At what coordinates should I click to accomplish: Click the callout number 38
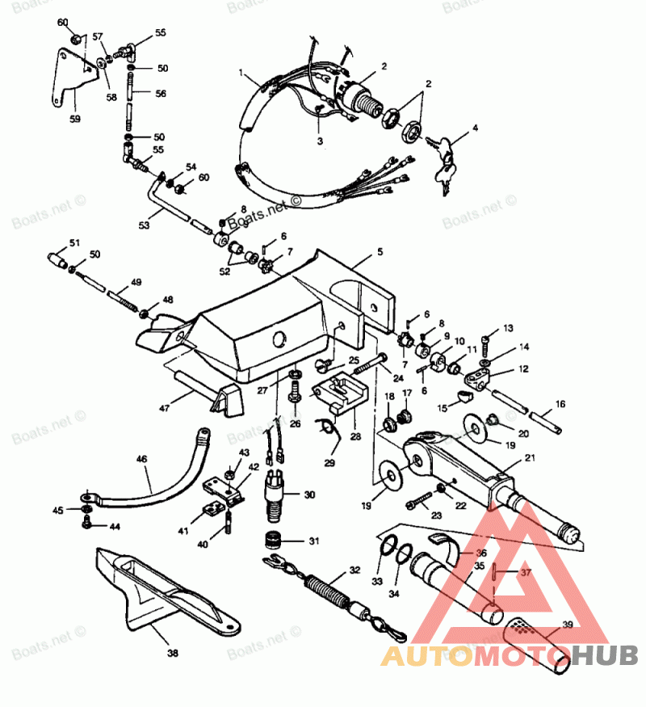click(172, 652)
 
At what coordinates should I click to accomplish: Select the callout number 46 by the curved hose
click(142, 458)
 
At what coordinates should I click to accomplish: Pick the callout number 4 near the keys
click(476, 127)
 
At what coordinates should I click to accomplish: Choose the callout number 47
click(164, 409)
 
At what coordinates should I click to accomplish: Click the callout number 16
click(560, 403)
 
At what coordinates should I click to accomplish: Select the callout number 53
click(144, 225)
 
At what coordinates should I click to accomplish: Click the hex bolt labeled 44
click(87, 525)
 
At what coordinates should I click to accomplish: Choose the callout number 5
click(379, 252)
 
